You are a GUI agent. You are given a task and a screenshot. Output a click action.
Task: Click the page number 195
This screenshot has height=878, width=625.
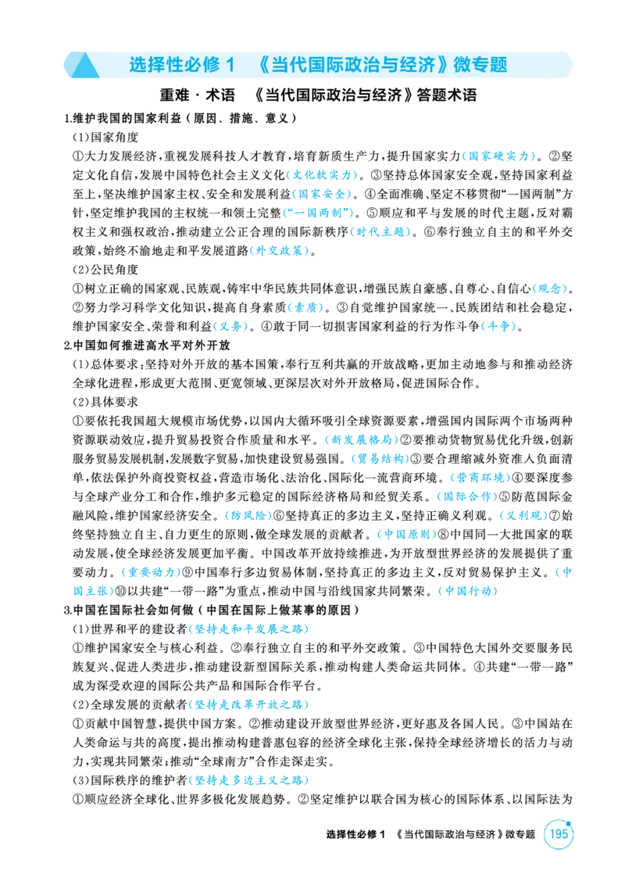558,833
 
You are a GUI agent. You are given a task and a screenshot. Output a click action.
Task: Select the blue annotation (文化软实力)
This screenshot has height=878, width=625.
323,175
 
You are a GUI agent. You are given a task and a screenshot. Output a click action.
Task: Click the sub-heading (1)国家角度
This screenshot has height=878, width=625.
105,137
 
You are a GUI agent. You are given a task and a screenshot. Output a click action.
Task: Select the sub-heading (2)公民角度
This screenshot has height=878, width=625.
105,269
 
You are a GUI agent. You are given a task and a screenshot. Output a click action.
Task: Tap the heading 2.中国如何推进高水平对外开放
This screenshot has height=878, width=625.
147,345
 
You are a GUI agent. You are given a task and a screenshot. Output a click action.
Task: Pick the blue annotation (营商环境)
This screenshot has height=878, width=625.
480,478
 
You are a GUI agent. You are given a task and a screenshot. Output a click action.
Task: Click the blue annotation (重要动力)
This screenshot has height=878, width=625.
151,572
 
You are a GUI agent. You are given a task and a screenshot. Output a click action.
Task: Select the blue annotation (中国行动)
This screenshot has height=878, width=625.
468,591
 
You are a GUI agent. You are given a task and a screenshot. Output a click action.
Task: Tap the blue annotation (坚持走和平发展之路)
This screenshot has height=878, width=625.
249,629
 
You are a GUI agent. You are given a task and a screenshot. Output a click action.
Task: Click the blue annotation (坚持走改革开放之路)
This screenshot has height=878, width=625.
249,704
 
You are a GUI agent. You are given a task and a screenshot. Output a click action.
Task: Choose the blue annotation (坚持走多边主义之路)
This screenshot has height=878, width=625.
249,780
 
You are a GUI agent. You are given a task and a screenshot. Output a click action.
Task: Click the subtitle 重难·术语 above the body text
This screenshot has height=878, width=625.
198,95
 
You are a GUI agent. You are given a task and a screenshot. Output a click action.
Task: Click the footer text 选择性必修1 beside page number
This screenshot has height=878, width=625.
356,834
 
